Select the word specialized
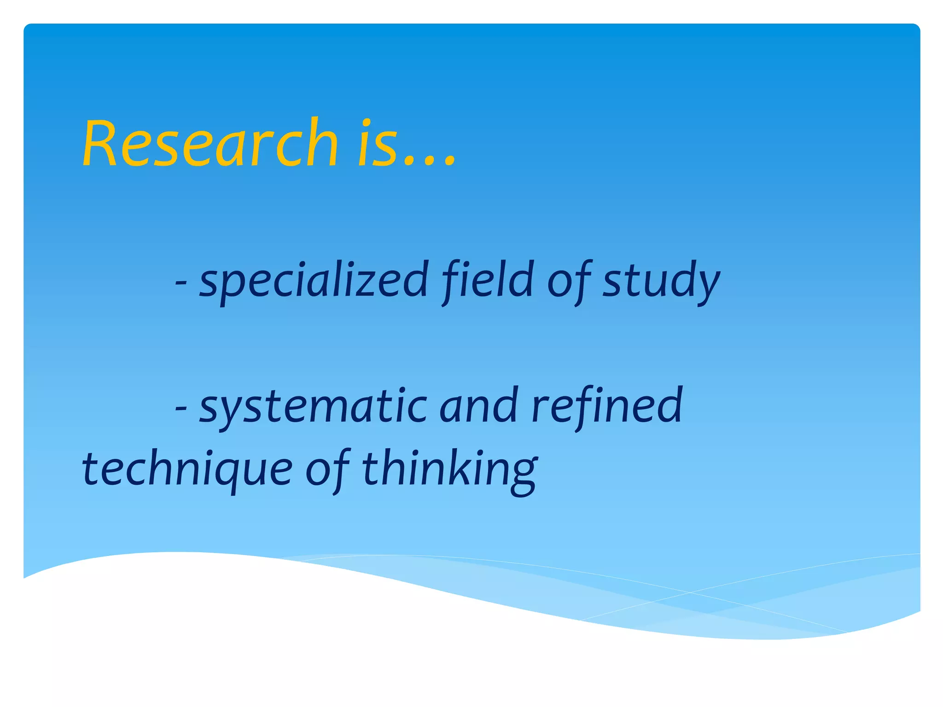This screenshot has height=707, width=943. click(x=314, y=279)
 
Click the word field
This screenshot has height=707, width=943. click(x=488, y=279)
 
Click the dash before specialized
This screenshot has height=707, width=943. click(x=181, y=282)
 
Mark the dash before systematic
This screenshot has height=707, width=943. click(x=181, y=407)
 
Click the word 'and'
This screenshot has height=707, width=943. click(x=479, y=405)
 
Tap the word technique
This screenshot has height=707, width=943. click(x=187, y=469)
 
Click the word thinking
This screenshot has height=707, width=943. click(x=449, y=469)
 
